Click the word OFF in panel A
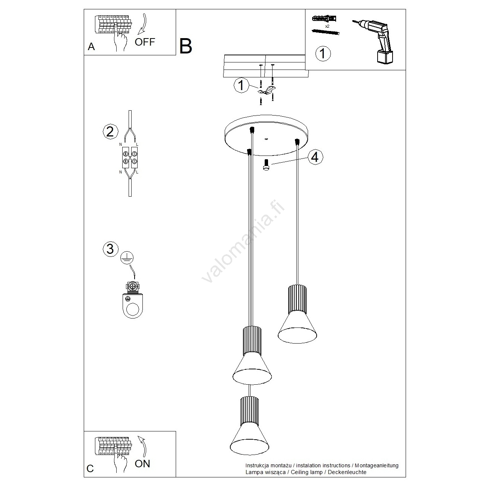(145, 41)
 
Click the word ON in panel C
(142, 464)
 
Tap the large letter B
(186, 46)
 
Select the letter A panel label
(91, 47)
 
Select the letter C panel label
(90, 468)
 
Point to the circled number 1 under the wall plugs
(323, 53)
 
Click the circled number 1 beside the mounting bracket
(241, 85)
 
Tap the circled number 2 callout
(110, 132)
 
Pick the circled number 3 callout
(110, 249)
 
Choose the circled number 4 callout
(315, 157)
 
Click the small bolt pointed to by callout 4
(266, 165)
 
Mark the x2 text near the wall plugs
(327, 26)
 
